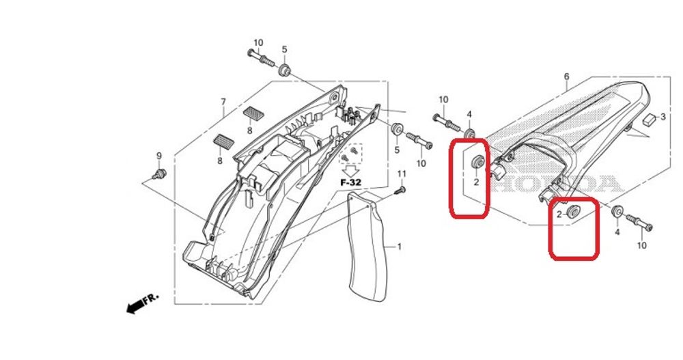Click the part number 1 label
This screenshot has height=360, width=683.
click(x=400, y=246)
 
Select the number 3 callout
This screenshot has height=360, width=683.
click(x=663, y=118)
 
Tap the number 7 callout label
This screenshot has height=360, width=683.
click(x=223, y=102)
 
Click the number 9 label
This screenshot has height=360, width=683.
click(x=159, y=156)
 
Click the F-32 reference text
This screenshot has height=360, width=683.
click(x=351, y=183)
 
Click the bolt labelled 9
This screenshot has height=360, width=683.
click(x=161, y=174)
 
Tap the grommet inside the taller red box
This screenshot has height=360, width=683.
click(x=478, y=161)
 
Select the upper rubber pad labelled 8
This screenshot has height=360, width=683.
click(x=253, y=113)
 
